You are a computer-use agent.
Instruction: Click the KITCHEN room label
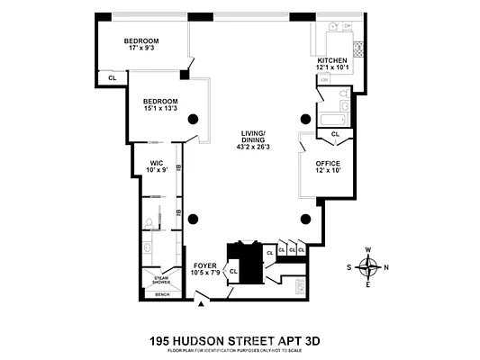(333, 59)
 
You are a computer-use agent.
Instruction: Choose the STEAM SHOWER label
(161, 280)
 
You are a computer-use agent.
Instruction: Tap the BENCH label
(162, 294)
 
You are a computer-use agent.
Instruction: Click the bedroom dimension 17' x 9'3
(143, 49)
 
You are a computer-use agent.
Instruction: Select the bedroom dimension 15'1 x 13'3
(159, 109)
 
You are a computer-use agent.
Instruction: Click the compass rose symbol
(368, 266)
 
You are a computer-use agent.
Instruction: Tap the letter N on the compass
(386, 267)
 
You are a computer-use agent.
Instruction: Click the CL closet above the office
(335, 134)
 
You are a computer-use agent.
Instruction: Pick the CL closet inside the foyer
(232, 270)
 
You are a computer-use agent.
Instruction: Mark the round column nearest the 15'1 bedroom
(192, 121)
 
